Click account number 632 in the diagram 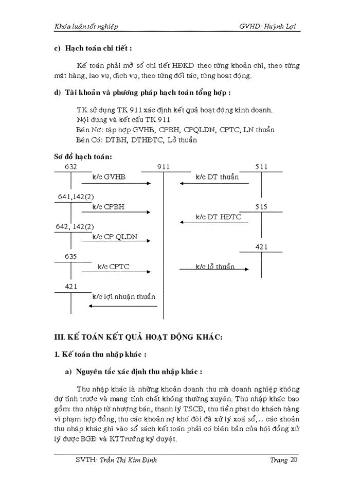click(71, 167)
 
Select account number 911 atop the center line click(163, 167)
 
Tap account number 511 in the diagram click(261, 167)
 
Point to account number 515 click(261, 207)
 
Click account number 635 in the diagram click(71, 256)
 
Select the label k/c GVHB click(109, 177)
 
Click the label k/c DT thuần click(217, 177)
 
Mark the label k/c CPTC click(113, 267)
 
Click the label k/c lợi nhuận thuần click(124, 296)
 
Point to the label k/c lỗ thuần click(215, 267)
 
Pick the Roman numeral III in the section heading click(61, 337)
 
